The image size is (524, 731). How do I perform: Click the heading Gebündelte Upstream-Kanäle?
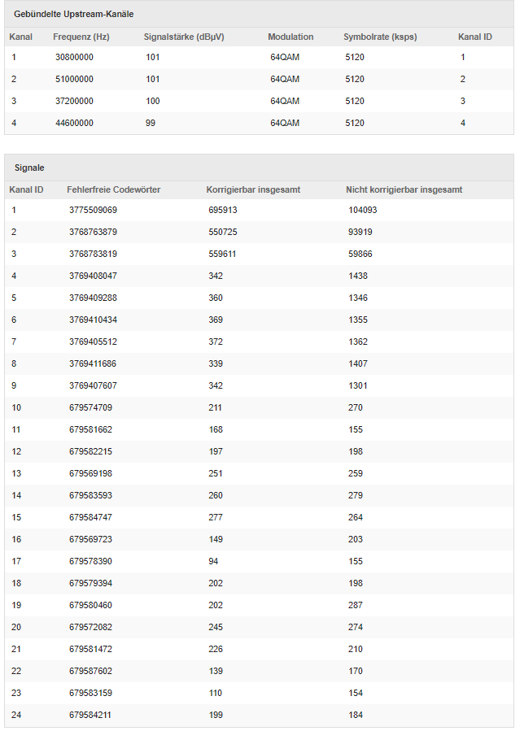74,15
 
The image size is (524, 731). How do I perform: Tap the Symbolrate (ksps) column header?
380,37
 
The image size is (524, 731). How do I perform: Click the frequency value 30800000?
74,58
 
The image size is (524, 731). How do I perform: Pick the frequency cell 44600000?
74,124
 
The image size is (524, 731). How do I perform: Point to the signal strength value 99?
151,124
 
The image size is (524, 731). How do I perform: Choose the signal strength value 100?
153,102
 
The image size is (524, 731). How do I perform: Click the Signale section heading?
29,168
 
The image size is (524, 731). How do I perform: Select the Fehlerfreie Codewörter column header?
113,189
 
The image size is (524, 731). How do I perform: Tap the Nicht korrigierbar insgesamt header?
404,189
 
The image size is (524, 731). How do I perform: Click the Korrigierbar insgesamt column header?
253,189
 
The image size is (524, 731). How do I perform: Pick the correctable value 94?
213,562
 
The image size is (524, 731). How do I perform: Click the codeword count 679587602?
90,672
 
